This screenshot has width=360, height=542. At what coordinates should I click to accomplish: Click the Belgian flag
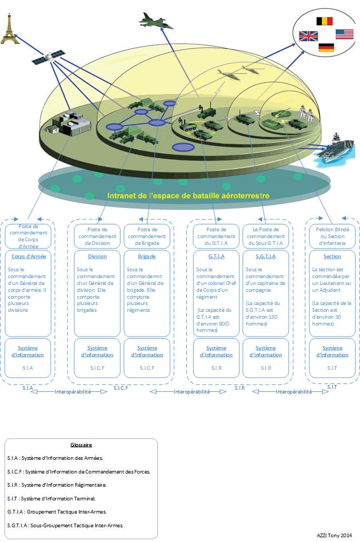[x=324, y=21]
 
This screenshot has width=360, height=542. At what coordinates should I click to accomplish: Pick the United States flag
[x=344, y=34]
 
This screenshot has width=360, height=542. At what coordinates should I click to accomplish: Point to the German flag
[x=326, y=47]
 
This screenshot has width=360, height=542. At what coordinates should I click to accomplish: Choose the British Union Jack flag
[x=308, y=36]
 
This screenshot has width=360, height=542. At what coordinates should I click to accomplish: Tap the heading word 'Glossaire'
[x=81, y=445]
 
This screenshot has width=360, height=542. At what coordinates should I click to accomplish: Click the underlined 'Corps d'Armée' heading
[x=28, y=257]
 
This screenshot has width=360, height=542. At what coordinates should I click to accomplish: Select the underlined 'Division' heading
[x=97, y=257]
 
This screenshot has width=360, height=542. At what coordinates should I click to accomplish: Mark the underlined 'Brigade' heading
[x=147, y=257]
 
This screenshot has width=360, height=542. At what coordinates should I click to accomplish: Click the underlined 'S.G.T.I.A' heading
[x=265, y=257]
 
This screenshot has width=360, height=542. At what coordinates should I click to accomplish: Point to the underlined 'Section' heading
[x=332, y=257]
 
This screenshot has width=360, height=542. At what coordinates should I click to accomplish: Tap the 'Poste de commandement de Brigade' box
[x=147, y=236]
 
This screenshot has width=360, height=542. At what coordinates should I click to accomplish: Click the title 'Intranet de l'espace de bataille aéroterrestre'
[x=188, y=195]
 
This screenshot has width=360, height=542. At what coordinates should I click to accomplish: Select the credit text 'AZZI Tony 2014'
[x=335, y=535]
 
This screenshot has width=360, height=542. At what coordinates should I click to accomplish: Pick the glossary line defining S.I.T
[x=52, y=498]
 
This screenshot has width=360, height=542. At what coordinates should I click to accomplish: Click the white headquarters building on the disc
[x=69, y=124]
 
